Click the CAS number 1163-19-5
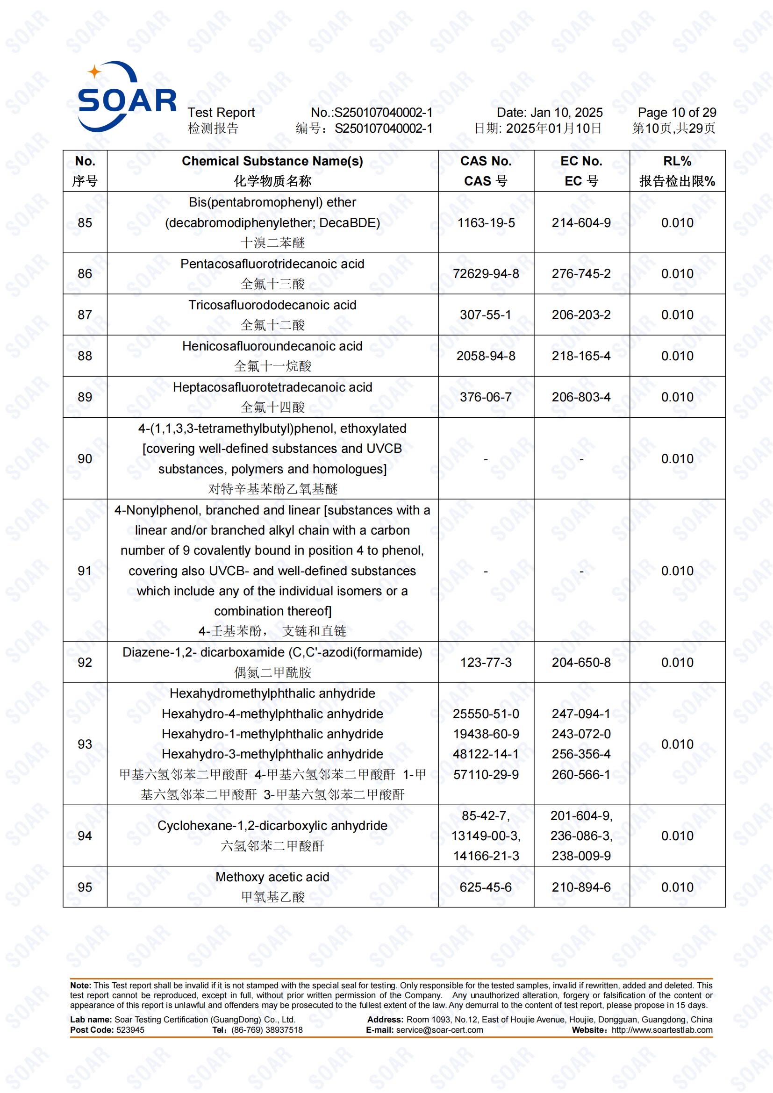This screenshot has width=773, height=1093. [x=486, y=223]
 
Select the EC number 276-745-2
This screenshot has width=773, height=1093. [x=581, y=274]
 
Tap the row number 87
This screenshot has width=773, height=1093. [x=85, y=314]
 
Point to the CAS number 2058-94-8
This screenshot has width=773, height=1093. [x=486, y=356]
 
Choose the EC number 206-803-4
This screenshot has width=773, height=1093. [x=581, y=397]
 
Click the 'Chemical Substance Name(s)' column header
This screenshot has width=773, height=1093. [x=272, y=161]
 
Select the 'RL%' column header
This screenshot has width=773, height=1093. [x=677, y=161]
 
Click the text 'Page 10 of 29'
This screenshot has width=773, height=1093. [x=676, y=113]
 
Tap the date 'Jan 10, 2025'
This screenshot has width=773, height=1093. [x=566, y=113]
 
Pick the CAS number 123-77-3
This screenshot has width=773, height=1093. [x=486, y=662]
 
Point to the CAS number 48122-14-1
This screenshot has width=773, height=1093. [x=486, y=754]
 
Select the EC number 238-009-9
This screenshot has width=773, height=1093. [x=581, y=856]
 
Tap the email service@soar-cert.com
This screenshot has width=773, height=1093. [x=439, y=1030]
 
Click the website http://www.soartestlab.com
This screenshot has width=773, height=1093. [x=662, y=1030]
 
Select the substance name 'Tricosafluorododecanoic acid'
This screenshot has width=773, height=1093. [x=272, y=305]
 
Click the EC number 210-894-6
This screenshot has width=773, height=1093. [x=581, y=887]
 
